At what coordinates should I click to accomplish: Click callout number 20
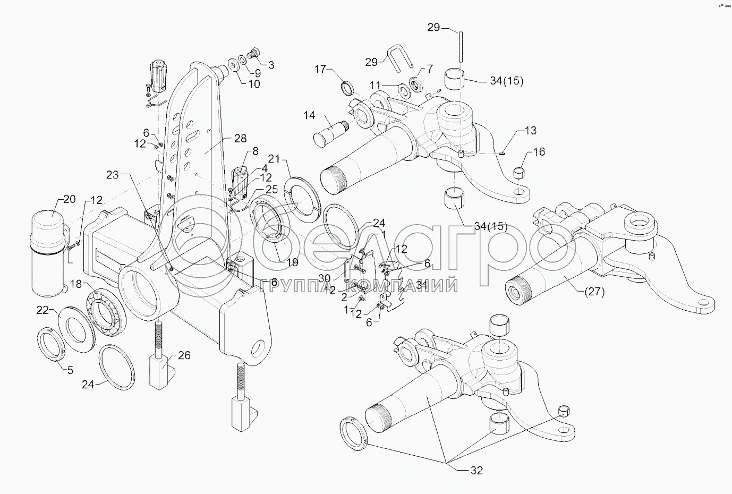coord(70,199)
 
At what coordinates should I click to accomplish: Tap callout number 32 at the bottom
coord(475,470)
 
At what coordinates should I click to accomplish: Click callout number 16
coord(539,152)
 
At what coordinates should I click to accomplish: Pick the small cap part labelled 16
coord(519,173)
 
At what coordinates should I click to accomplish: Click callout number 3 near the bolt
coord(271,65)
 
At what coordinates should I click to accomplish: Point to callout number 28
coord(241,139)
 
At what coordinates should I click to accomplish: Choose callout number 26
coord(184,355)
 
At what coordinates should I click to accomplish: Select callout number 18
coord(76,284)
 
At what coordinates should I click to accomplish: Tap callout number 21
coord(274,159)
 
